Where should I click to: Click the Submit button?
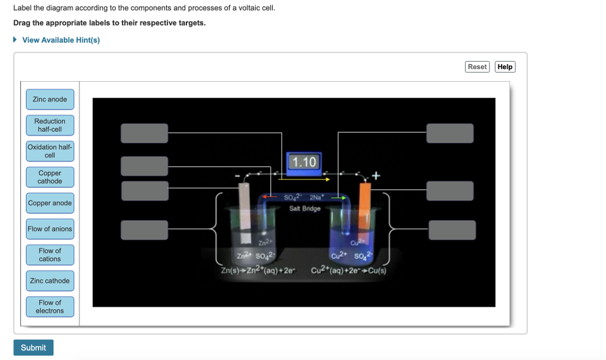click(x=33, y=348)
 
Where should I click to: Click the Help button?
click(x=505, y=67)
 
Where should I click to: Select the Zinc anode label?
click(x=50, y=99)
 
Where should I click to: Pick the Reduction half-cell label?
click(x=50, y=125)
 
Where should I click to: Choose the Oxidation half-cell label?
click(x=50, y=151)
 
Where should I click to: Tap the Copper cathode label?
click(x=50, y=177)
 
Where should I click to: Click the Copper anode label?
click(x=50, y=203)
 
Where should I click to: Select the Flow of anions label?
click(x=50, y=229)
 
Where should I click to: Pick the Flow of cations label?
click(x=50, y=255)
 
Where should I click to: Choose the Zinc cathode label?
click(x=50, y=281)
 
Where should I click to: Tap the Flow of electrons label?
click(x=50, y=307)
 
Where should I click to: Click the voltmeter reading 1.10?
click(x=304, y=162)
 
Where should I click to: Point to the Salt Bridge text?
click(x=305, y=208)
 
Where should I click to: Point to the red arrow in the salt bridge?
click(x=270, y=198)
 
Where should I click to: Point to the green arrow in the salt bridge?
click(x=339, y=198)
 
